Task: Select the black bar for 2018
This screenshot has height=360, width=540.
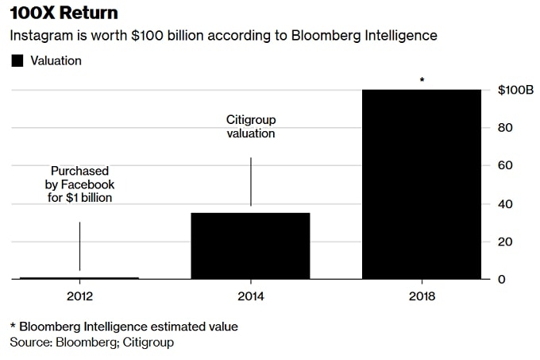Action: (x=422, y=184)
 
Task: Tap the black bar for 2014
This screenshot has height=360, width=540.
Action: (x=251, y=246)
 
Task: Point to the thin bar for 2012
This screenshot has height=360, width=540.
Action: (x=79, y=278)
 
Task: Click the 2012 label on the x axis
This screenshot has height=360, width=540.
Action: (x=79, y=296)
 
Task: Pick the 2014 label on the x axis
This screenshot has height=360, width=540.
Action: (x=251, y=296)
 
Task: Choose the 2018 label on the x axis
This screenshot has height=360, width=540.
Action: (x=422, y=296)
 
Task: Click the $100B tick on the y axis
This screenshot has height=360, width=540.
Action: (x=514, y=90)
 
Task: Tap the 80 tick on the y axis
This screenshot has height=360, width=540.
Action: (x=505, y=128)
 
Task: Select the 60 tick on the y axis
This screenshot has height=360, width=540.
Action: (x=505, y=165)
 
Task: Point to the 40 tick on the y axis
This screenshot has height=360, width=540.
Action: (x=505, y=203)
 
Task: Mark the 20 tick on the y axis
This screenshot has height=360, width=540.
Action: (x=505, y=242)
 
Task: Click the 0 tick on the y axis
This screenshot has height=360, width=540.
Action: (x=501, y=279)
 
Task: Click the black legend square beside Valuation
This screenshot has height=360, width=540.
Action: (x=16, y=60)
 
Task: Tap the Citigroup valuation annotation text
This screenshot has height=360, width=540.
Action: (x=251, y=126)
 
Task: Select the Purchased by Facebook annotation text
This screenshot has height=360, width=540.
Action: (x=79, y=184)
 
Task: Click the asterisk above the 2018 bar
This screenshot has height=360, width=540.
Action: (x=422, y=80)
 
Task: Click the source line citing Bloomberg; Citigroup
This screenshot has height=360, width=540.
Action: (x=91, y=343)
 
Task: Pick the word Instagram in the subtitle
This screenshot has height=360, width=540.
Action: (x=38, y=36)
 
